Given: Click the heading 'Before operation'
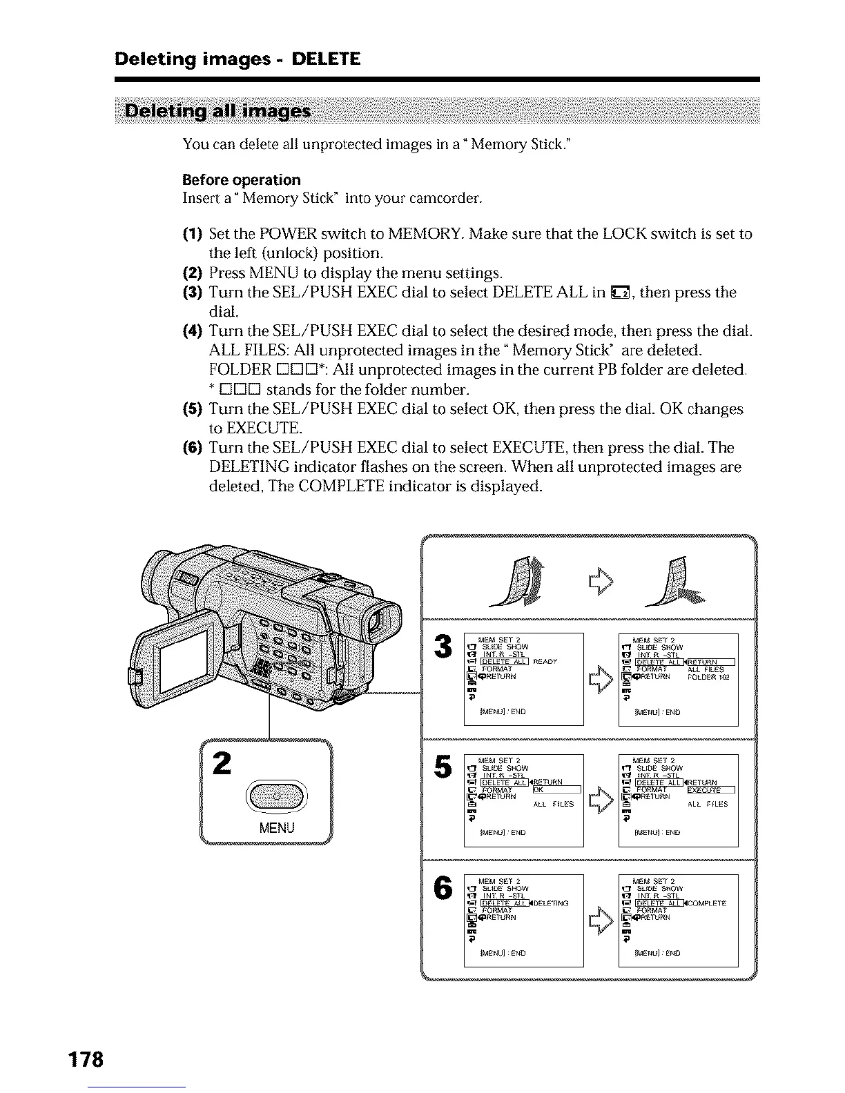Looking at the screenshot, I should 241,180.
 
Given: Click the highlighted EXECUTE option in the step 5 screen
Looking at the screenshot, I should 710,790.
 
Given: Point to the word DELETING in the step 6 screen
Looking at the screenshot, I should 551,903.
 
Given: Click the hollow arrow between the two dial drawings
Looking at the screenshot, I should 597,582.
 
